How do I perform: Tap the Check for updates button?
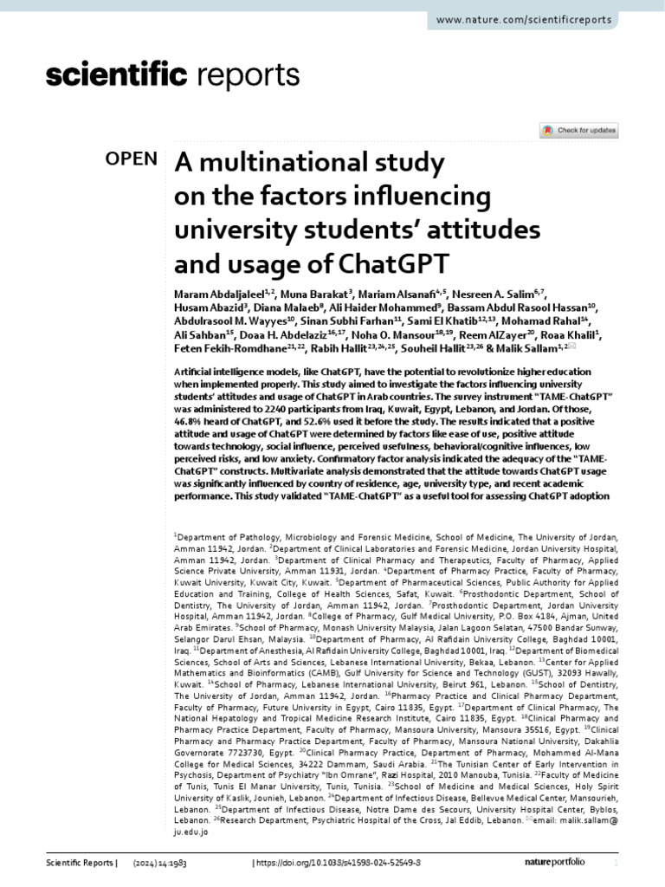pyautogui.click(x=578, y=131)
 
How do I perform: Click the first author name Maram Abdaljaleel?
pyautogui.click(x=212, y=295)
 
